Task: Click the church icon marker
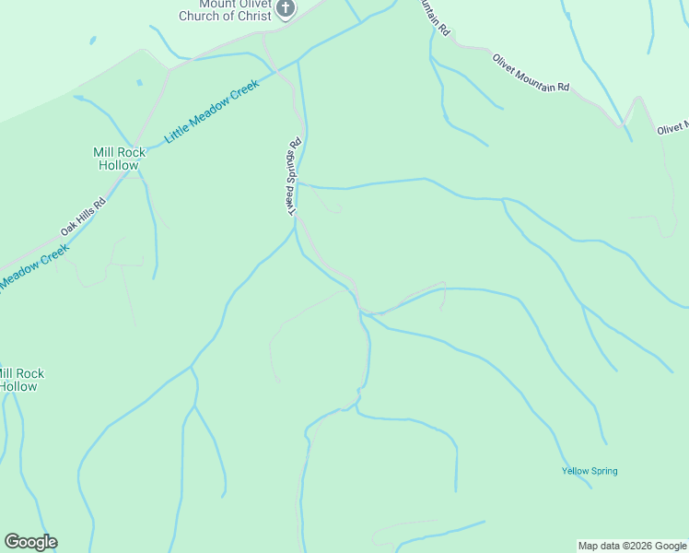click(286, 8)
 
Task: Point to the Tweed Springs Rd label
click(294, 177)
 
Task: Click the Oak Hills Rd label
click(83, 214)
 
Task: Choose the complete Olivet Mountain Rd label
click(531, 73)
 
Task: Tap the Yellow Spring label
click(590, 471)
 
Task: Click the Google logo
click(30, 542)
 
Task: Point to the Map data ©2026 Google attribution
click(633, 546)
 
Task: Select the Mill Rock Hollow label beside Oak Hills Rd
click(117, 159)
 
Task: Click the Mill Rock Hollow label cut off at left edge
click(20, 380)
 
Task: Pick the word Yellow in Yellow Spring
click(576, 471)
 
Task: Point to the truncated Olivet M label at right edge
click(672, 130)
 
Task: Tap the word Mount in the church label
click(216, 3)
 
